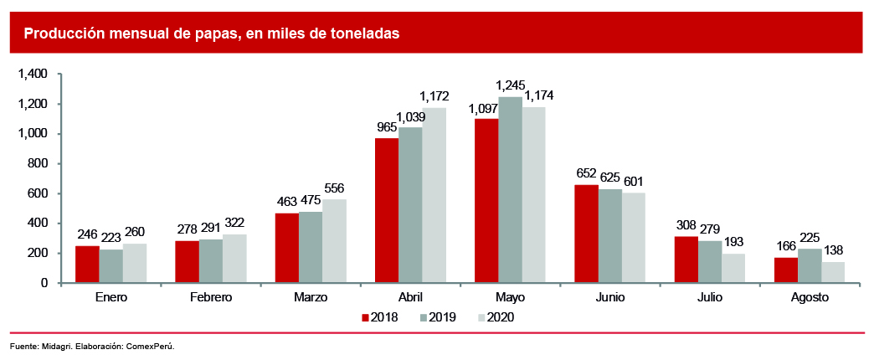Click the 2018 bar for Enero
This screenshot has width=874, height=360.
point(87,265)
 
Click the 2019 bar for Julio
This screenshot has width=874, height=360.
point(709,262)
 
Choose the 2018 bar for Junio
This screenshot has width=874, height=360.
point(586,234)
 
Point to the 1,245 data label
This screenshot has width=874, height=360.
point(510,85)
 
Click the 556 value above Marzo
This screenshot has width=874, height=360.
point(333,188)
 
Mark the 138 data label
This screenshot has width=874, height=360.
point(833,250)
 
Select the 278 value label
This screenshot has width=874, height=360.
point(187,229)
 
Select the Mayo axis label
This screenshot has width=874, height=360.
point(510,297)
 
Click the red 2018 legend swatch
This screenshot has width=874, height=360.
point(366,318)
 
